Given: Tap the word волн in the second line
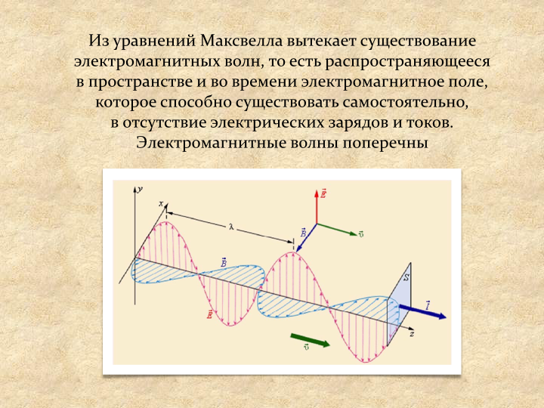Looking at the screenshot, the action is [243, 61].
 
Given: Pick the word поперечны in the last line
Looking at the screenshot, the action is [385, 144].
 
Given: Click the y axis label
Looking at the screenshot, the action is [140, 190].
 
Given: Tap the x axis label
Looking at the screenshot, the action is [161, 204].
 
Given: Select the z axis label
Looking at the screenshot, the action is [412, 334].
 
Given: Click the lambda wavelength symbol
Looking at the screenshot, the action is [231, 227].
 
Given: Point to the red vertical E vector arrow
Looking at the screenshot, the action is [317, 207].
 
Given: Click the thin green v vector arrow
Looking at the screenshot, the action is [336, 230].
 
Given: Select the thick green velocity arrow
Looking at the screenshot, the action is [310, 340].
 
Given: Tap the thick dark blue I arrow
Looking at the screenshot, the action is [422, 311].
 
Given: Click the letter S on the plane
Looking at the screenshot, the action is [406, 277].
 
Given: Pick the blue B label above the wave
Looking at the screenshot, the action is [224, 263].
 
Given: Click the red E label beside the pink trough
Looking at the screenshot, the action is [209, 314].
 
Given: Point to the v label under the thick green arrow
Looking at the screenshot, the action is [306, 347].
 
